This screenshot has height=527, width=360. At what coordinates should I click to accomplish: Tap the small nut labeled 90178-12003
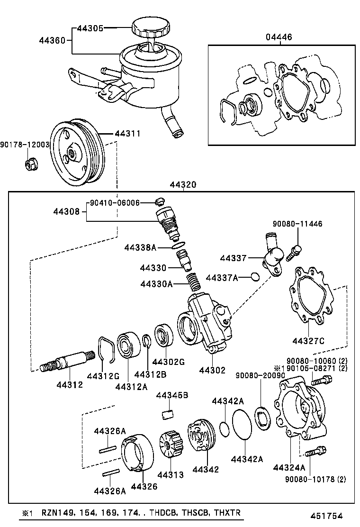[x=30, y=164]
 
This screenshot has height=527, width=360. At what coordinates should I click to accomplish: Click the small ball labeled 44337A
[x=255, y=277]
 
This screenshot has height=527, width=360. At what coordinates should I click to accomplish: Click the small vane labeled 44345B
[x=166, y=415]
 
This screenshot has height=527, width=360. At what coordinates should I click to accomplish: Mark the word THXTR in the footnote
[x=227, y=513]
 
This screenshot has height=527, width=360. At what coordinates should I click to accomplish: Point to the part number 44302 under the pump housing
[x=212, y=370]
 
